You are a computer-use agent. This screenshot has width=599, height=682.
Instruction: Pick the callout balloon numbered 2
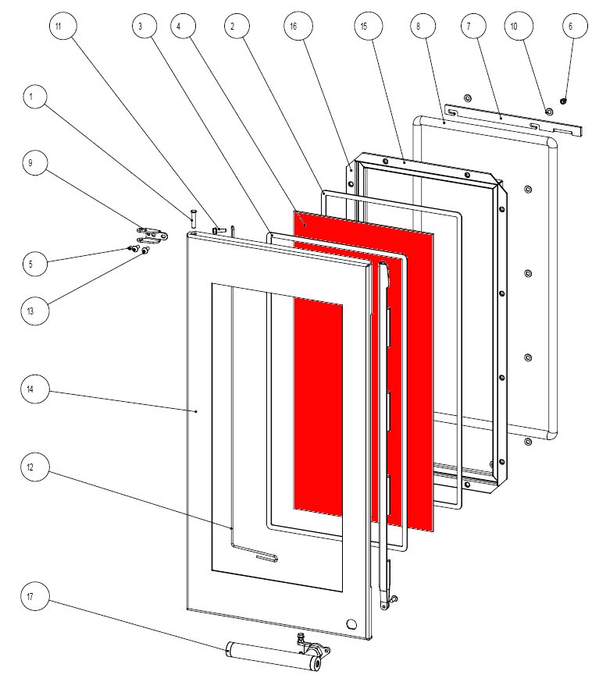click(232, 27)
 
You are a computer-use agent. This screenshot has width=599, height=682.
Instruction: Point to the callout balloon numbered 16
click(294, 27)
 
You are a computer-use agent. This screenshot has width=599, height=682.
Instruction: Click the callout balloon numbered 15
click(364, 27)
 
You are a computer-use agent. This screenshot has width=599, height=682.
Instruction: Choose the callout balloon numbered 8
click(419, 27)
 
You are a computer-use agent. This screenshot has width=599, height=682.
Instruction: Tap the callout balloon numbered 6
click(570, 27)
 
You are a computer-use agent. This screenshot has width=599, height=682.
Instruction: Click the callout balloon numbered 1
click(32, 98)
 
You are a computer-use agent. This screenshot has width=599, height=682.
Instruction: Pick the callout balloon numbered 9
click(32, 164)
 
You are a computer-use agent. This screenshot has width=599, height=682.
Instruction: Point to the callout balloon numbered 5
click(32, 264)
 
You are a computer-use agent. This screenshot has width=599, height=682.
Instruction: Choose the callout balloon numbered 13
click(32, 310)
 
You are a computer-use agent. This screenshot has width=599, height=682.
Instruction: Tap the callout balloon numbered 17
click(32, 599)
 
